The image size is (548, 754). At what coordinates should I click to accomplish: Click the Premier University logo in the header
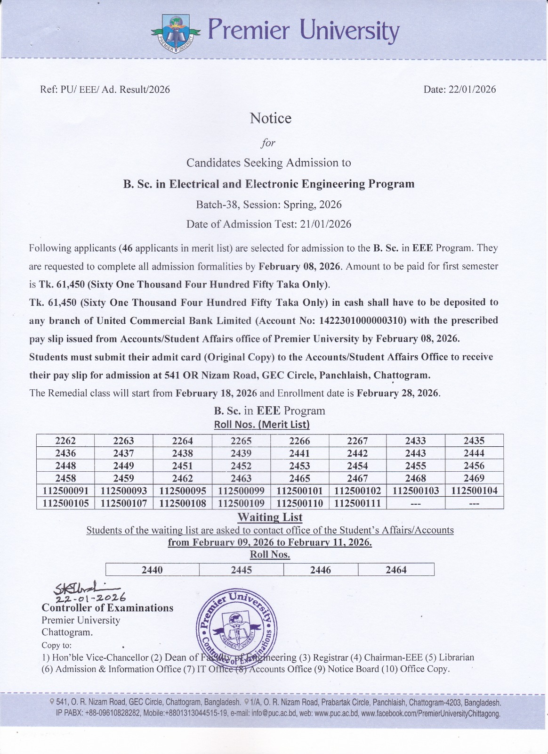(x=176, y=33)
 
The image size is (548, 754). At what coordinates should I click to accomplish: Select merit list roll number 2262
(x=65, y=441)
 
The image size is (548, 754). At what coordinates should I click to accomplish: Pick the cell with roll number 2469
(x=474, y=478)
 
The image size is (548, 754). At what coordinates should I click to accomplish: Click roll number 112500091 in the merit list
(x=65, y=491)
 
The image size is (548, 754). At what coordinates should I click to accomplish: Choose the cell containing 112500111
(x=357, y=503)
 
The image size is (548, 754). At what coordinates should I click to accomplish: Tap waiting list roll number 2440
(x=152, y=570)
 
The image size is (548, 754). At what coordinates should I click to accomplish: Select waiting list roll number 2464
(x=396, y=570)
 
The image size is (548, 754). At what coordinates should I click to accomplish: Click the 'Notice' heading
(x=271, y=118)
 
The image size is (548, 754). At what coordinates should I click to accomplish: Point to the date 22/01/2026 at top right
(x=472, y=90)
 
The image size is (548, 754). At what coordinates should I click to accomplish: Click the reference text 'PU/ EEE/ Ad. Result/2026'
(x=115, y=90)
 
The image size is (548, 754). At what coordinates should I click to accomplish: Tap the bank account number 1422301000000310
(x=363, y=320)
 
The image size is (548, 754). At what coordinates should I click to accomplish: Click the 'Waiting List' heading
(x=270, y=517)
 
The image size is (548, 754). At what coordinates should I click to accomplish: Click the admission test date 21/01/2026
(x=325, y=224)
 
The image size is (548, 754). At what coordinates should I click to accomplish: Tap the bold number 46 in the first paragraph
(x=127, y=248)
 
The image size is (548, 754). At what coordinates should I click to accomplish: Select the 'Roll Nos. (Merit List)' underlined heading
(x=262, y=424)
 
